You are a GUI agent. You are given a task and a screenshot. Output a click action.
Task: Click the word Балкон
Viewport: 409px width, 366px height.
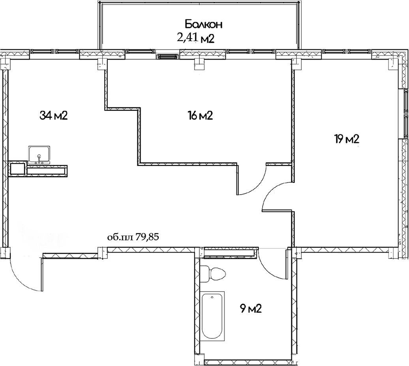204,24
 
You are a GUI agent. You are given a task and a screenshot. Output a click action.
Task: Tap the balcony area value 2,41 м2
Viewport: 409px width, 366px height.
196,38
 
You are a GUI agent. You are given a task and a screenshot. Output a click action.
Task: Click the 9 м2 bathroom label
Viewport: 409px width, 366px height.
251,308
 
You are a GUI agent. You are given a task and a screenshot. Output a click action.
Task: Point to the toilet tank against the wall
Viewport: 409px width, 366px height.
204,273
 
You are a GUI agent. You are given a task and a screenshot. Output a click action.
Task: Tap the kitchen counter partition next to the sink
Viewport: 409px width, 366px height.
46,170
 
